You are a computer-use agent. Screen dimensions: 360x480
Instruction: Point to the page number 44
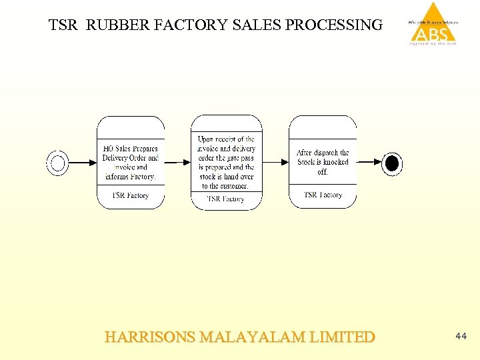(x=461, y=337)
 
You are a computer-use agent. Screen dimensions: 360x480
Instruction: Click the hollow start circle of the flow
(x=58, y=163)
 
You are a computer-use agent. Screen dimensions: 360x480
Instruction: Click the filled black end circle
(x=392, y=163)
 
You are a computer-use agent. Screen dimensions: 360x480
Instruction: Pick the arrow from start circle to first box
(x=83, y=163)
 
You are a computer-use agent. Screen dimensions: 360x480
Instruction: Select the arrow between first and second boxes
(x=177, y=163)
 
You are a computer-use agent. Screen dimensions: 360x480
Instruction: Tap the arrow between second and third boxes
(x=275, y=163)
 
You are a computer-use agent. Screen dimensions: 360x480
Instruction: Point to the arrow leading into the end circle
(x=369, y=163)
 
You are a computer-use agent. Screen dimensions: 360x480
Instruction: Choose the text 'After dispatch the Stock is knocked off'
(x=323, y=162)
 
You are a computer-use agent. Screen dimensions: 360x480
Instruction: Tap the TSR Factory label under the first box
(x=131, y=195)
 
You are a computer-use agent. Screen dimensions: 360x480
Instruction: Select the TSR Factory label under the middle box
(x=226, y=199)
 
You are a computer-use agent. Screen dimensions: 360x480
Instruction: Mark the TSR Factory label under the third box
(x=323, y=195)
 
